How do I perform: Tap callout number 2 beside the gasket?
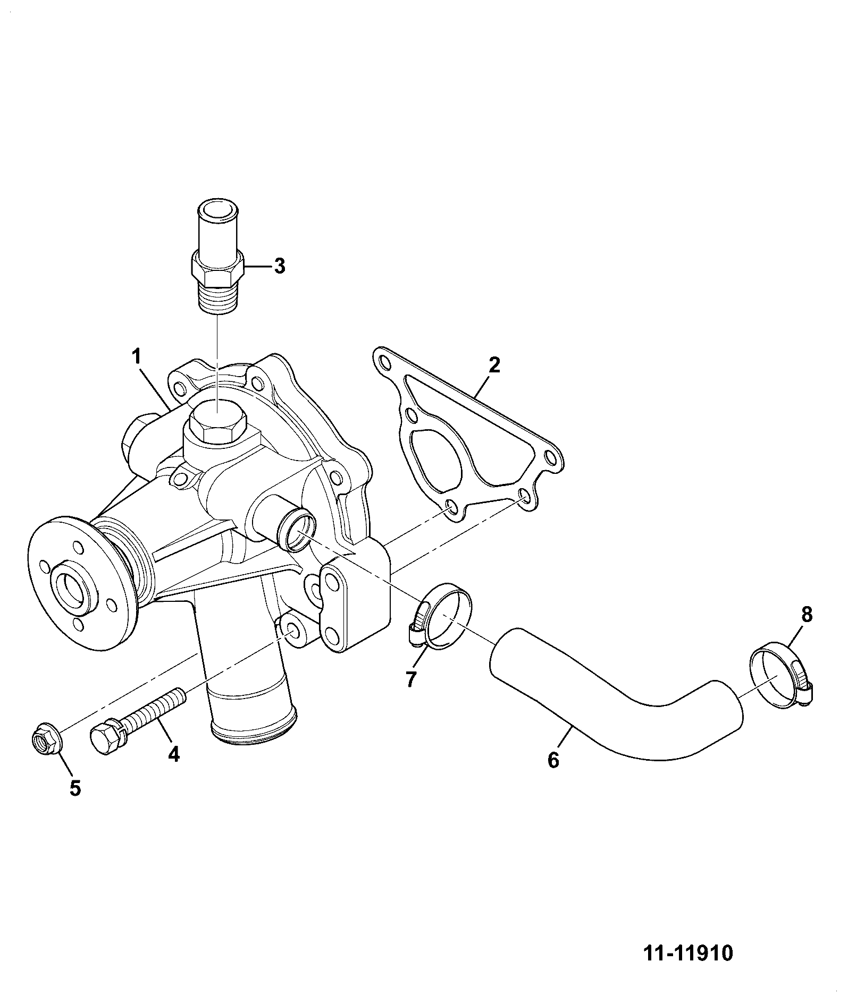point(494,365)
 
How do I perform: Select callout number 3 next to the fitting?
point(279,265)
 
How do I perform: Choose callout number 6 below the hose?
point(553,760)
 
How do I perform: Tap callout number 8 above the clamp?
point(807,615)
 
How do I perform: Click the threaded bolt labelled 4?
point(138,717)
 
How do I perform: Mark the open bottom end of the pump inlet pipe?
point(252,728)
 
